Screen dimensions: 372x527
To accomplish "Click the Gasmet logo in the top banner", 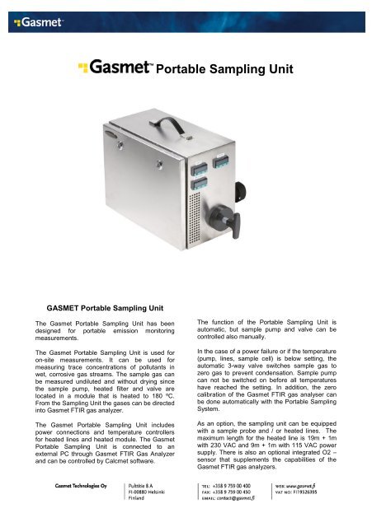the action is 33,14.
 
